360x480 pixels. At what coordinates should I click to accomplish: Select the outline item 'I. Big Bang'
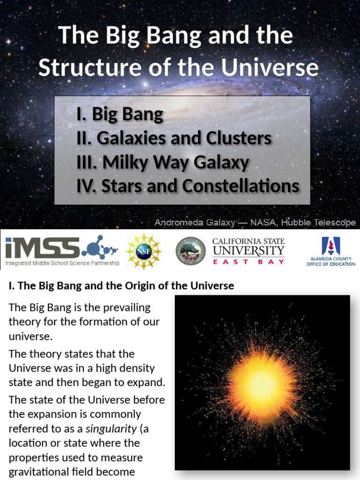(120, 114)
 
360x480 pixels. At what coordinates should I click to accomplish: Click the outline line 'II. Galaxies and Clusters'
(174, 138)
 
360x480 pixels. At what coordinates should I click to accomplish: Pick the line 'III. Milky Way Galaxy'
(162, 162)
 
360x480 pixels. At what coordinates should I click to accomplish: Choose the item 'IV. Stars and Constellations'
(187, 186)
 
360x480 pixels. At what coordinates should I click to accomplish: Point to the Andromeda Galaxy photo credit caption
(255, 223)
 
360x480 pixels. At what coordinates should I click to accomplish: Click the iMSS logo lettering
(42, 248)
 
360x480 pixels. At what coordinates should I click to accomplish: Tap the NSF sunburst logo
(144, 252)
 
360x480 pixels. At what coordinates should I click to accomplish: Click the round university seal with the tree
(190, 251)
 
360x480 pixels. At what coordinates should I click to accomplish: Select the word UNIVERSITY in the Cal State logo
(248, 251)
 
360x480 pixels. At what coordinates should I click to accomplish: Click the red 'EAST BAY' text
(248, 262)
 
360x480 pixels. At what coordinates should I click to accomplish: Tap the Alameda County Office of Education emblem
(330, 246)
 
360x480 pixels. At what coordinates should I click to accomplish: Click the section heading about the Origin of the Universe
(121, 285)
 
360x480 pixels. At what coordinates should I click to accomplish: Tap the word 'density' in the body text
(128, 368)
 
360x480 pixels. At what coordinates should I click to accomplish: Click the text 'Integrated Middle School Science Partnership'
(62, 263)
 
